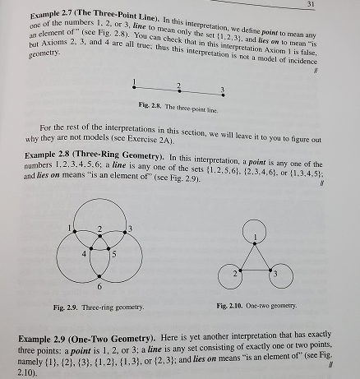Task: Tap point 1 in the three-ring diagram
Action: coord(75,229)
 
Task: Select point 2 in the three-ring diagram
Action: coord(99,230)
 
